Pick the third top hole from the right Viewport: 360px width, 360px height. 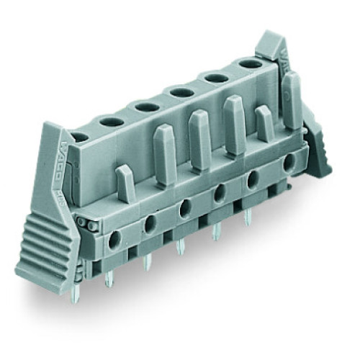coord(179,91)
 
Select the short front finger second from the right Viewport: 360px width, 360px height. coord(264,123)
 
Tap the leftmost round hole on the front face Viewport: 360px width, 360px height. coord(116,235)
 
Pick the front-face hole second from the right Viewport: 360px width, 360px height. coord(253,179)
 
